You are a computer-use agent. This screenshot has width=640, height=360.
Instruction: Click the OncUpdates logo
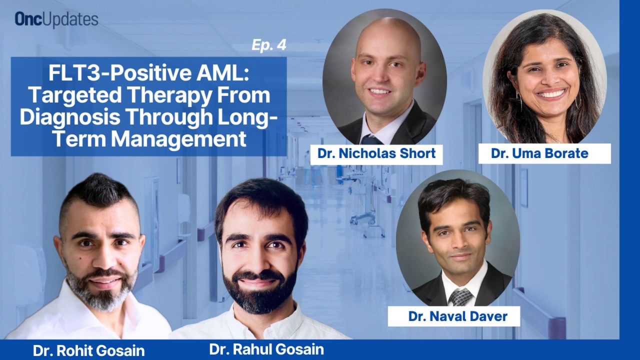[x=56, y=19]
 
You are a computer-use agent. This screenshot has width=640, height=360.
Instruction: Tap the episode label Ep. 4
[x=269, y=45]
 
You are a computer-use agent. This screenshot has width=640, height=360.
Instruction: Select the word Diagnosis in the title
[x=69, y=117]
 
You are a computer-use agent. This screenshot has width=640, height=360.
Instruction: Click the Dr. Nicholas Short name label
[x=376, y=153]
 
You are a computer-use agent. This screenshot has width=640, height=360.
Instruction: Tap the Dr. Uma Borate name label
[x=544, y=153]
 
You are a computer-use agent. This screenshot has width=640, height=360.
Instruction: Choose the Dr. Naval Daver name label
[x=454, y=316]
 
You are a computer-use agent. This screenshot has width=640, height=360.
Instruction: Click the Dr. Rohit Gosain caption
[x=88, y=350]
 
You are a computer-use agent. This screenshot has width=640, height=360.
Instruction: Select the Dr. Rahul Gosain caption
[x=266, y=349]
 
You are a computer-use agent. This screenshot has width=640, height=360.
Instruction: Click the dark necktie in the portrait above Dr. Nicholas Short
[x=371, y=139]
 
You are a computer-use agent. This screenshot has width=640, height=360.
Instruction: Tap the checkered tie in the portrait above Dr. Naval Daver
[x=460, y=297]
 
